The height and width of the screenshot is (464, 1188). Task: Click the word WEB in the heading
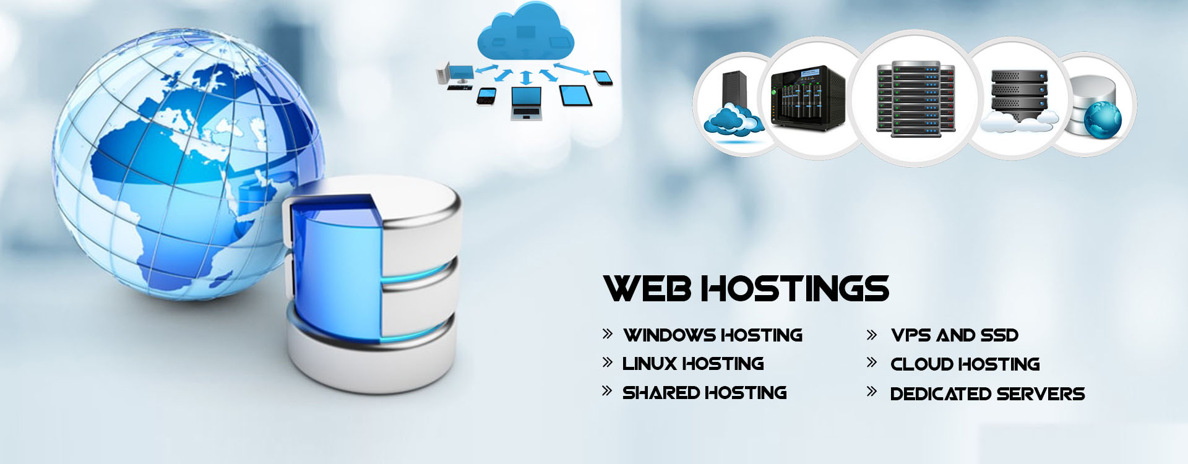coord(647,288)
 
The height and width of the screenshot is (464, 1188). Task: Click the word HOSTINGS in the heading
coord(796,288)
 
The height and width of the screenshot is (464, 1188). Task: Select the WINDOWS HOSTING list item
coord(713,335)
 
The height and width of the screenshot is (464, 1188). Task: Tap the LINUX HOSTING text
coord(693,364)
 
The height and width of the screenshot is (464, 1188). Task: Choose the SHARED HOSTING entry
coord(704,393)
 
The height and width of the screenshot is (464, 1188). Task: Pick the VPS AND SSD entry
coord(955,335)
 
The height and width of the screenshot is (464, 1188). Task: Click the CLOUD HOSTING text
coord(965,364)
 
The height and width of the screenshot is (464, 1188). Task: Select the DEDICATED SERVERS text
coord(987,394)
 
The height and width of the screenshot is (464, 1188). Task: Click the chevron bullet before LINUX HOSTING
coord(607,363)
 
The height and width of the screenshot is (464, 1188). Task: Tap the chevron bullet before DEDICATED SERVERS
coord(872,392)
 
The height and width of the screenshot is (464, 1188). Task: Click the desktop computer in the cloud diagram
coord(457,73)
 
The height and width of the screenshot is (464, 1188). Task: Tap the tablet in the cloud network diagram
coord(575,95)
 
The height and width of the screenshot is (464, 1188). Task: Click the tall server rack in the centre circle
coord(915,99)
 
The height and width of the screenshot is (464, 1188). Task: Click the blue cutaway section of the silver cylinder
coord(334,260)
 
